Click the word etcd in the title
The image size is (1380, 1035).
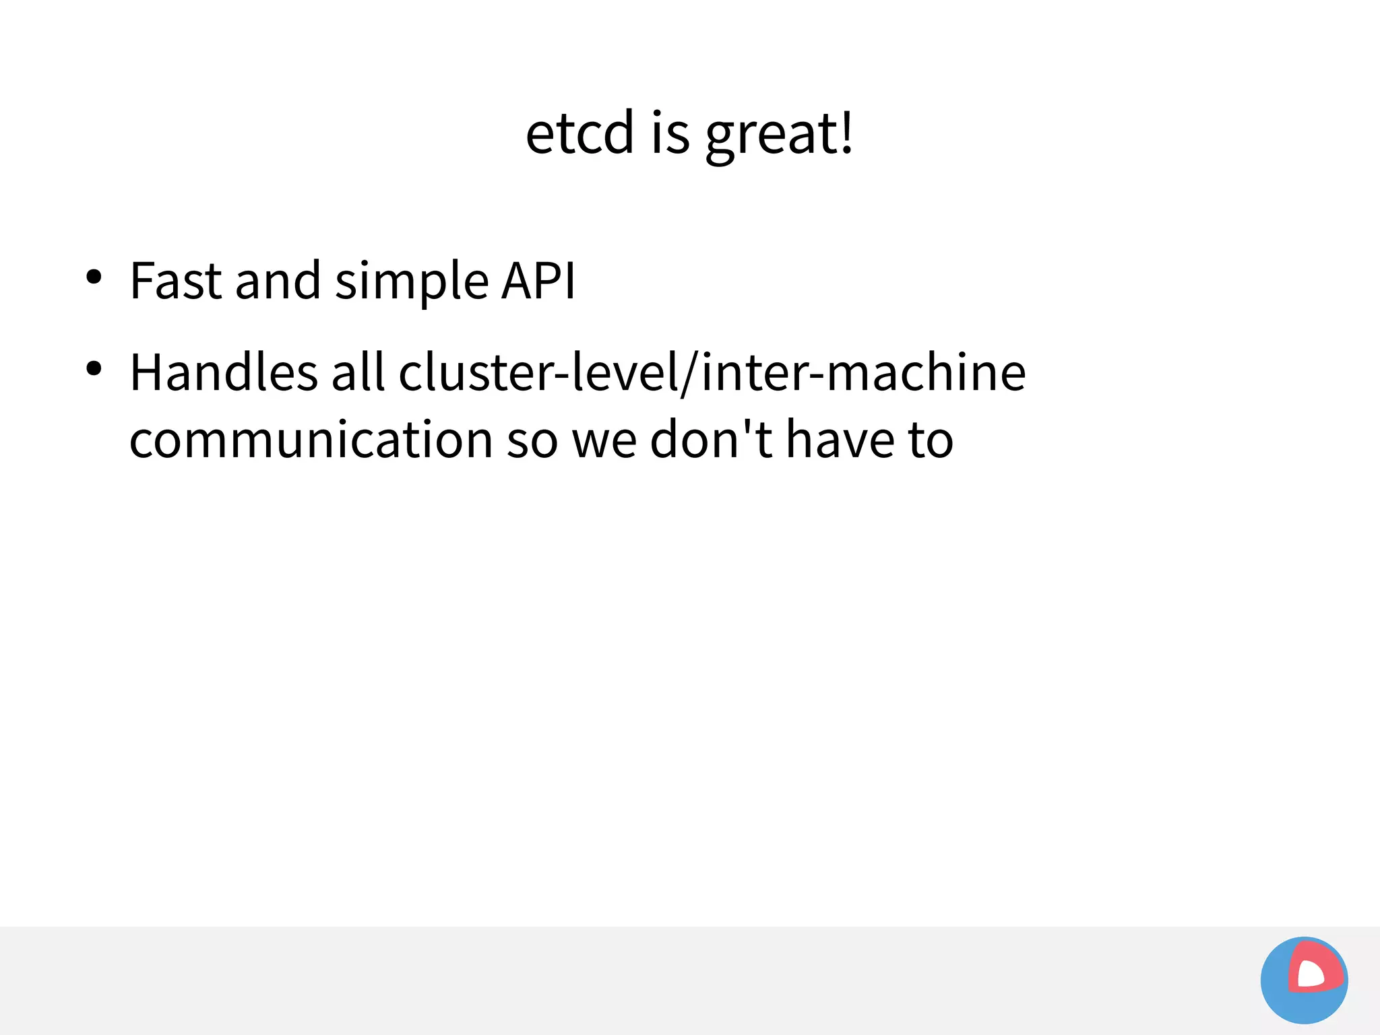pos(579,133)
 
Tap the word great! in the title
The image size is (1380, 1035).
pos(780,135)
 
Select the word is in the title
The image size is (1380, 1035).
pos(670,133)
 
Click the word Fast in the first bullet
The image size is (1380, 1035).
pos(175,280)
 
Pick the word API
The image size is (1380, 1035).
pos(538,280)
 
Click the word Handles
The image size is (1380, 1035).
pos(223,372)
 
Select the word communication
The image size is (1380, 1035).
pos(311,440)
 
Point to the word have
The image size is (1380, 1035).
pos(840,440)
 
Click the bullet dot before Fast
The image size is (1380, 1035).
pos(94,277)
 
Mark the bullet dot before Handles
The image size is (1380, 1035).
pos(94,368)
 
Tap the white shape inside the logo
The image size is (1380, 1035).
pos(1310,974)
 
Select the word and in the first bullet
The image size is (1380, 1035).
pos(278,280)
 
